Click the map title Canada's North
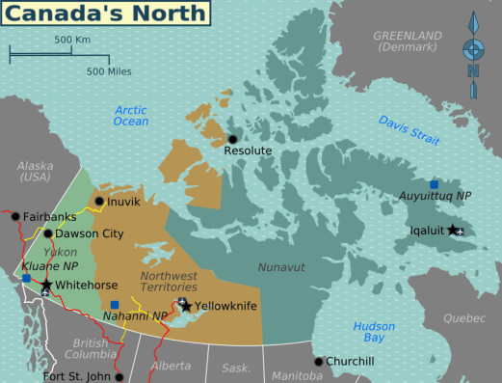(107, 14)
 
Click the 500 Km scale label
(71, 40)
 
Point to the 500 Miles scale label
(108, 70)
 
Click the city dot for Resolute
(231, 139)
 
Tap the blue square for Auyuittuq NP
(435, 183)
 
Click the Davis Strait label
(409, 130)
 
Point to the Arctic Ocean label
(131, 115)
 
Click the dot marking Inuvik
(98, 202)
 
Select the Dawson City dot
(47, 233)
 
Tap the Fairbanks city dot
(14, 216)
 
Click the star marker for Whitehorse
(45, 285)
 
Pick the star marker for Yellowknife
(187, 306)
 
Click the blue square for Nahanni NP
(115, 305)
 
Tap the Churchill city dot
(319, 362)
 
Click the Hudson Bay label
(374, 332)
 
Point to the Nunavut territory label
(280, 265)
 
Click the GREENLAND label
(408, 41)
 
